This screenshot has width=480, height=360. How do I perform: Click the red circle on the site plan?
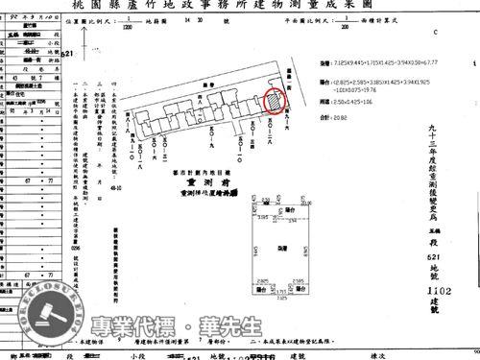273,100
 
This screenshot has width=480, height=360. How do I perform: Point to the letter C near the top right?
434,31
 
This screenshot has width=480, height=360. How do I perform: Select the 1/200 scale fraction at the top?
344,29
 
